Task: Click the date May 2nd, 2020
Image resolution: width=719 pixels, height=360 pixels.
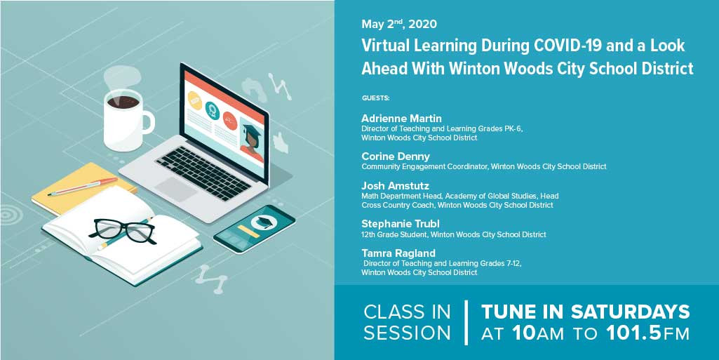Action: click(399, 24)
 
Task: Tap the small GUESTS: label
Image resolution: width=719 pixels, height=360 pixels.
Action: click(375, 98)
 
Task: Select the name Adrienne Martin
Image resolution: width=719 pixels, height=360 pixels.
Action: click(401, 118)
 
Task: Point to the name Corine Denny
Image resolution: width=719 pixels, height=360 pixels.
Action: click(396, 156)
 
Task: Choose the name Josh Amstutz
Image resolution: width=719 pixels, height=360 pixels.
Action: click(395, 185)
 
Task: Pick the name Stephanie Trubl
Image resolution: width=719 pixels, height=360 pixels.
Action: click(400, 223)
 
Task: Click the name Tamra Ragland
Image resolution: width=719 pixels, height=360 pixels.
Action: click(398, 253)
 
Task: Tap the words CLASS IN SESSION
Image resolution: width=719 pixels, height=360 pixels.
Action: click(408, 322)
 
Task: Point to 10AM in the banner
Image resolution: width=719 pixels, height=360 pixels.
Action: click(537, 333)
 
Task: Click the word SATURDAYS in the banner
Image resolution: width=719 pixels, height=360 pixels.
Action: click(631, 312)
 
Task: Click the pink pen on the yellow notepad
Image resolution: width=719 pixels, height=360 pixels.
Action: click(83, 187)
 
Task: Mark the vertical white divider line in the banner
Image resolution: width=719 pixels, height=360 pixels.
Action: click(466, 322)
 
